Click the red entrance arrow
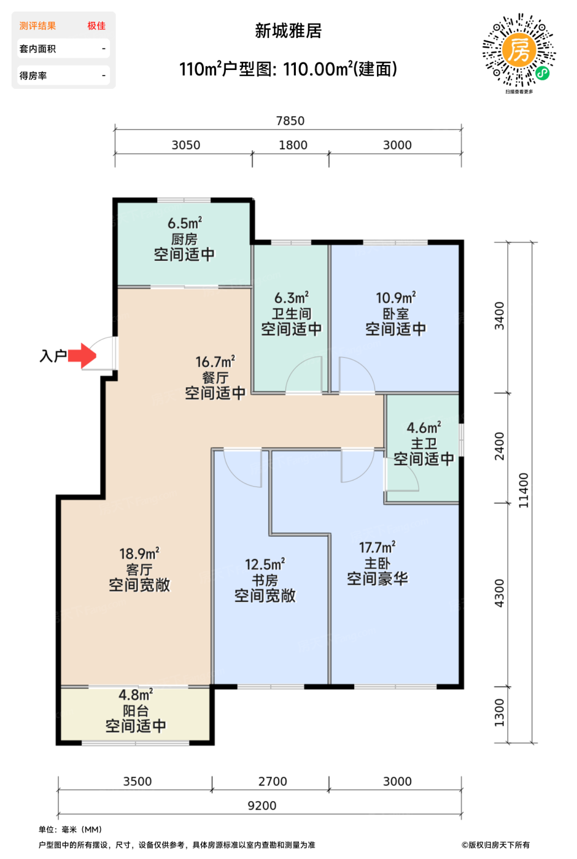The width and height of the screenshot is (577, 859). point(82,355)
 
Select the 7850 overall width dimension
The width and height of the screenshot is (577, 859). point(290,121)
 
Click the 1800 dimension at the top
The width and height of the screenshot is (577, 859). point(293,145)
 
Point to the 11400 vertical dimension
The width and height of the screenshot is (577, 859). point(523,490)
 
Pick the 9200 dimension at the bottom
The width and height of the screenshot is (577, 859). point(262,806)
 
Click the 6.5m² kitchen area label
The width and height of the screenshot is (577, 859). point(184,223)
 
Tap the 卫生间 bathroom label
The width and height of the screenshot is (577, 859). point(292,314)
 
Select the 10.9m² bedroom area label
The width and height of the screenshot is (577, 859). point(395,298)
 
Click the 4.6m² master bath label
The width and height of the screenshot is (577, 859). point(424,428)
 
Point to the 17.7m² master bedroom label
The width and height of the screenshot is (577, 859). point(377,547)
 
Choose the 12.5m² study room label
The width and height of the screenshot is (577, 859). point(265,564)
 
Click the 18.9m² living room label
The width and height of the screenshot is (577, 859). point(139,553)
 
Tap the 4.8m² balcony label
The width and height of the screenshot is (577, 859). point(136,695)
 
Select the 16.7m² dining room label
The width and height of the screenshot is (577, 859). point(215,362)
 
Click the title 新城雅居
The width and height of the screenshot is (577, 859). point(288,31)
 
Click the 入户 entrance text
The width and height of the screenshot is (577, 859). point(53,356)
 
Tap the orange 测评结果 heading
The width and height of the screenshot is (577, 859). point(37,26)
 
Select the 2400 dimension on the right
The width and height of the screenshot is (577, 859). point(499,446)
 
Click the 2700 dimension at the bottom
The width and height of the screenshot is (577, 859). point(273,782)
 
